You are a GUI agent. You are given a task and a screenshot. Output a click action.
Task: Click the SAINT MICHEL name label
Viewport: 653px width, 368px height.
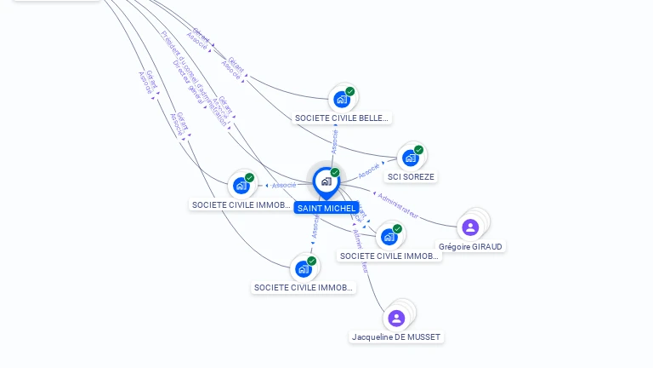click(x=326, y=208)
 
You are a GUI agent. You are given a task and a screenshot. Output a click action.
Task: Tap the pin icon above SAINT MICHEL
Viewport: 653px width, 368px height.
click(x=326, y=181)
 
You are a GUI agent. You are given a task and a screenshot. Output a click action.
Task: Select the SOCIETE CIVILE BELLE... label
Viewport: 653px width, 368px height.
click(x=341, y=118)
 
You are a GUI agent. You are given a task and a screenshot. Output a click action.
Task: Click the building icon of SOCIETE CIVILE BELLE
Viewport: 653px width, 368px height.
click(x=341, y=100)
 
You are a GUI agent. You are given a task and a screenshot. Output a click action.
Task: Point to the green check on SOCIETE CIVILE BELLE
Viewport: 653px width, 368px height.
click(x=350, y=91)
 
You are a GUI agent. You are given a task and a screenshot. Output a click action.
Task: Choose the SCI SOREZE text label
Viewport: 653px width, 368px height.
click(x=411, y=177)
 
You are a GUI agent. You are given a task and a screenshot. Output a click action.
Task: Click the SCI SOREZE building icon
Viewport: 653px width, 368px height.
click(x=411, y=158)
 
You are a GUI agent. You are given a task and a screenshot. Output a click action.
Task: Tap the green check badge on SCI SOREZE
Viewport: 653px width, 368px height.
click(x=418, y=150)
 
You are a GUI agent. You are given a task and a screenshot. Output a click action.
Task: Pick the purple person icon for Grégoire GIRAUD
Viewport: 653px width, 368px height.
click(x=470, y=227)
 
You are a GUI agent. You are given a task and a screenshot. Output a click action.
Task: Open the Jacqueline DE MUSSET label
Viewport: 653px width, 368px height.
click(x=396, y=337)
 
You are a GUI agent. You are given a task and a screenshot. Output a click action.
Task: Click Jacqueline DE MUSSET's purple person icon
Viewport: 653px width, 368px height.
click(x=396, y=319)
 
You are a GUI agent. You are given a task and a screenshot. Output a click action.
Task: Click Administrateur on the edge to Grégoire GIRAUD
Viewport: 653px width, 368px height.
click(x=398, y=204)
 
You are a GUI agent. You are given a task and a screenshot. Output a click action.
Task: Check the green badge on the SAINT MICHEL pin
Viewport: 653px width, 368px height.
click(x=335, y=173)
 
